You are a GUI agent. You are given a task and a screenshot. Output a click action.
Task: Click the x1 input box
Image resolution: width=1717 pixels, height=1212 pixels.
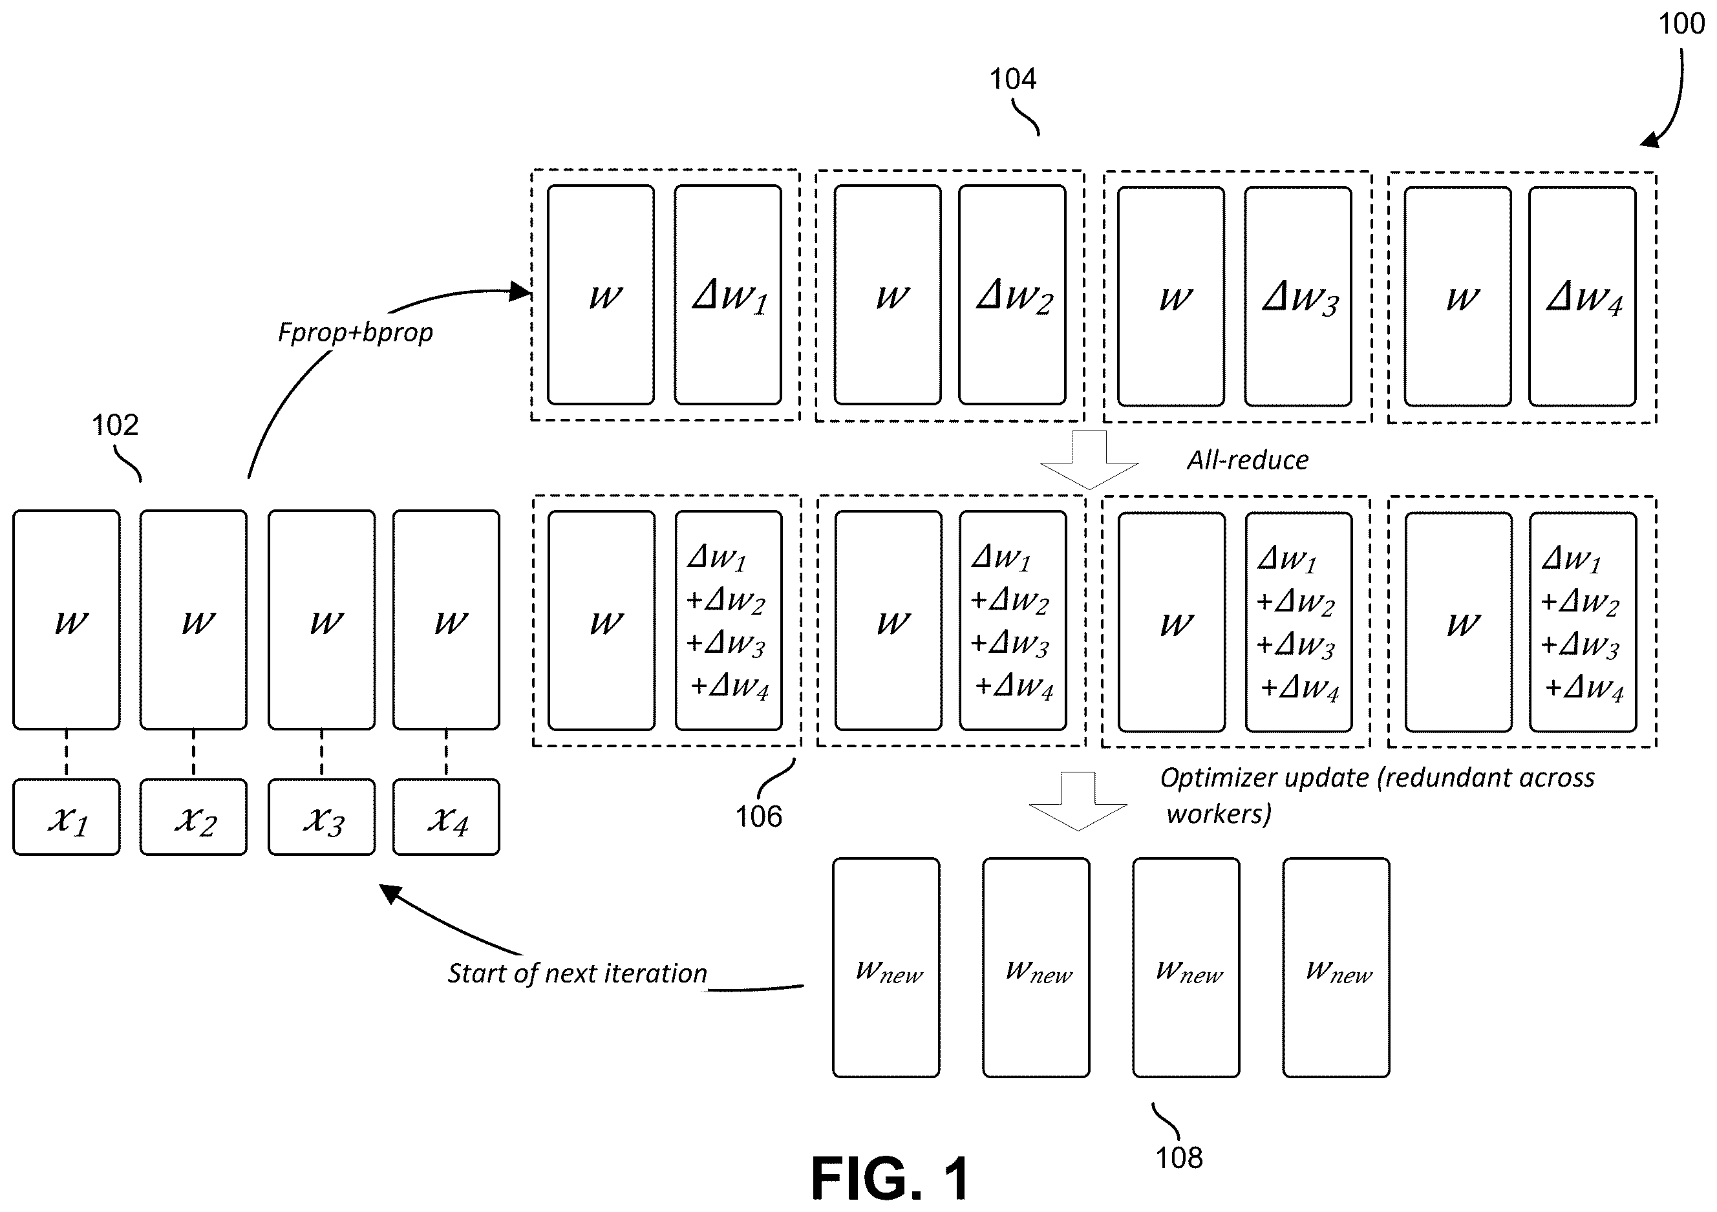[67, 817]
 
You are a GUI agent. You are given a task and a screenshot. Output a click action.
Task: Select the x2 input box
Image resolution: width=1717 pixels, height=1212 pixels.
[194, 817]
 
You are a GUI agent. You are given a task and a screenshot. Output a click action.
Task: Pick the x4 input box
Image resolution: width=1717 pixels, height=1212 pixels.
[447, 817]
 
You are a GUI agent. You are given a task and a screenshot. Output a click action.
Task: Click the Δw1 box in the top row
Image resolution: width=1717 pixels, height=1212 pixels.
[729, 295]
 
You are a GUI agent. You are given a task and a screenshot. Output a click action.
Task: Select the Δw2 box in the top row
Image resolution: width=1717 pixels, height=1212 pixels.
[1012, 295]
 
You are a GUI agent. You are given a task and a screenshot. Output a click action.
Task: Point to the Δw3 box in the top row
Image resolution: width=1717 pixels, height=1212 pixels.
[1298, 296]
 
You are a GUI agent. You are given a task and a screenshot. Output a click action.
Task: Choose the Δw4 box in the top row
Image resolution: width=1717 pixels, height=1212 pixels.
[1583, 296]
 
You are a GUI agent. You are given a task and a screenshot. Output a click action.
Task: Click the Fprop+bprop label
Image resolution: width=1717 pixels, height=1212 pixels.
[355, 332]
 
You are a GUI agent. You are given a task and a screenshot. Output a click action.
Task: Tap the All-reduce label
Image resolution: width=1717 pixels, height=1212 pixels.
[1248, 460]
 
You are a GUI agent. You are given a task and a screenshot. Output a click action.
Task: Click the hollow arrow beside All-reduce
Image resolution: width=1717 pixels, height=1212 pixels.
[1089, 459]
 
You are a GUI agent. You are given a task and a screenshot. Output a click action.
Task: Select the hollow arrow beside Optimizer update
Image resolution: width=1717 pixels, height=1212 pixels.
[1078, 801]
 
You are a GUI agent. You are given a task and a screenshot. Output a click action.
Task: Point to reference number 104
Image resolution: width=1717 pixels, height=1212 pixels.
[1013, 78]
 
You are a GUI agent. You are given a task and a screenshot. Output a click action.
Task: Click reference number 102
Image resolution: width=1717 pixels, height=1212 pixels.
[115, 425]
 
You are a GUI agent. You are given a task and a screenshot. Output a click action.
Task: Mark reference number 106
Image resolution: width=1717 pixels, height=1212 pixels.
[759, 816]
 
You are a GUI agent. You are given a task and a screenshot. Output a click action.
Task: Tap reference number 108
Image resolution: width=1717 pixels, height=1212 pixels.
[1179, 1158]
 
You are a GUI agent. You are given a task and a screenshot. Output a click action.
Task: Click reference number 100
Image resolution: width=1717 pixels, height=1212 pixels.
[1682, 24]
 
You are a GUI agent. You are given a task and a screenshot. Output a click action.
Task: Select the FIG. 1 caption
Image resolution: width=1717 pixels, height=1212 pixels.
[891, 1179]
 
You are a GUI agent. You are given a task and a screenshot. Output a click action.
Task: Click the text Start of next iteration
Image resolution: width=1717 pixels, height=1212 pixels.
[577, 973]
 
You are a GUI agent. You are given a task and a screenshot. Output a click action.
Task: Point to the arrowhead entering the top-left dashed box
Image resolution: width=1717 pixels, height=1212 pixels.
[520, 292]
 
